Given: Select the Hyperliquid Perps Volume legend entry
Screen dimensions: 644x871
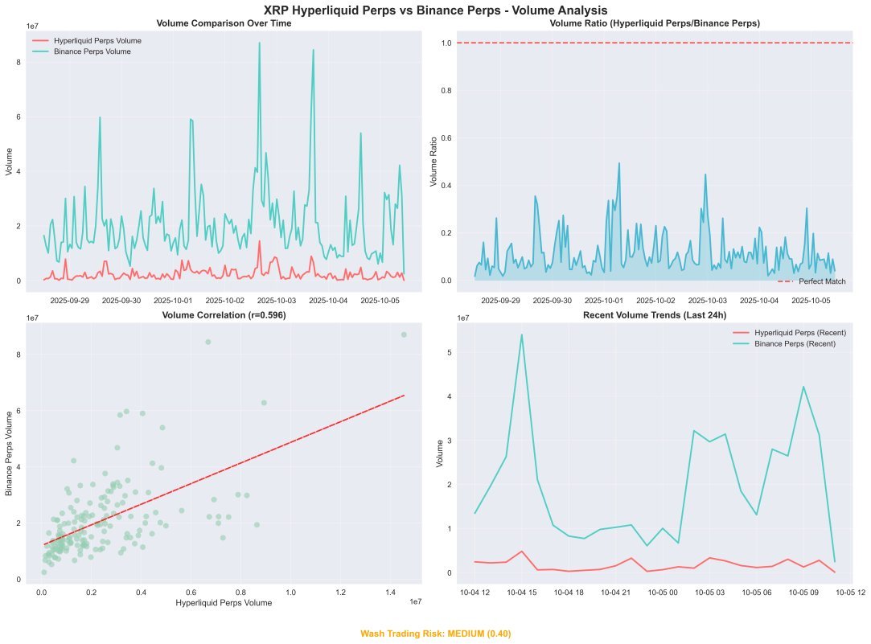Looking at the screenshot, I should click(97, 39).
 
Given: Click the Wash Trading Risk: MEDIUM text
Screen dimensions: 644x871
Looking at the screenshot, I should click(435, 634).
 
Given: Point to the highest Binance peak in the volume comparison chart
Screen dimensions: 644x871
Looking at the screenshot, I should click(259, 43).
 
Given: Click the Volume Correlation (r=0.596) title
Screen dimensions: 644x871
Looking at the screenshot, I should click(224, 315).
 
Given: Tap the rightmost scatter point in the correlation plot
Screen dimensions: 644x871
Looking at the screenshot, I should click(404, 334).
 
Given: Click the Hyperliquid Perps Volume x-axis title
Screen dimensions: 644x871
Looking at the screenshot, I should click(224, 602).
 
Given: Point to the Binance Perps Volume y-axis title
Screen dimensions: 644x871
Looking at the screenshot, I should click(10, 453).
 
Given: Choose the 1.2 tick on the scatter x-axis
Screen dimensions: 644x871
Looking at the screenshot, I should click(340, 591).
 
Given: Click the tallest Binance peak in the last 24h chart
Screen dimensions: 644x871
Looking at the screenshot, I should click(521, 334).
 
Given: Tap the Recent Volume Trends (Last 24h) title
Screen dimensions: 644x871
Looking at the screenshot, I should click(654, 315).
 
